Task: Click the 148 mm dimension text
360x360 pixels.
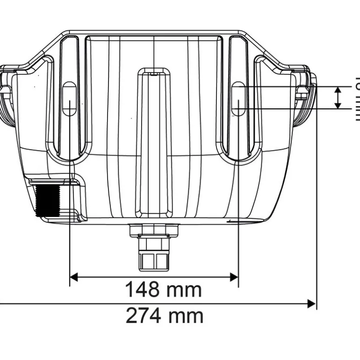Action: click(x=163, y=290)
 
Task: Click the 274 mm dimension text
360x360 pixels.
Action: click(x=165, y=316)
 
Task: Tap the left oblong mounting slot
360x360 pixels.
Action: click(x=69, y=99)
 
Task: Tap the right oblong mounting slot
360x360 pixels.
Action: click(x=238, y=99)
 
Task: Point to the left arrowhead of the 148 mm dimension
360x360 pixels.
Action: click(x=74, y=277)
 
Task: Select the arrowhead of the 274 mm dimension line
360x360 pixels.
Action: click(x=311, y=304)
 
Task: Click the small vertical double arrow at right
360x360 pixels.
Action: click(x=337, y=97)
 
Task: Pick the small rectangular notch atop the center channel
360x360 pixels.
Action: click(x=154, y=72)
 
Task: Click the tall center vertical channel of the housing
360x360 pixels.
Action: click(x=154, y=140)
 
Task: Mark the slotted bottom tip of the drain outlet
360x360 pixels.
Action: click(x=154, y=261)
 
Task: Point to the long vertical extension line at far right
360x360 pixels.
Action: click(x=317, y=196)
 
